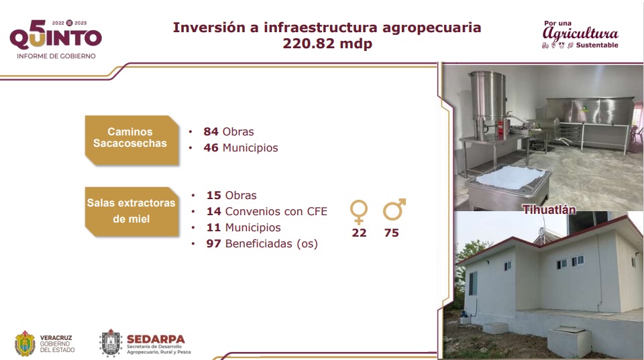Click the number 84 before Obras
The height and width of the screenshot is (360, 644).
(x=211, y=131)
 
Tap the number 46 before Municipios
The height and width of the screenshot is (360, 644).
(x=211, y=147)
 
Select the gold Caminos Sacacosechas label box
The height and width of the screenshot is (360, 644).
(x=132, y=140)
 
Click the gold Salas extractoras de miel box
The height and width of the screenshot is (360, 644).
(x=132, y=211)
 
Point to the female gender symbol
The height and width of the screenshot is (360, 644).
(x=358, y=212)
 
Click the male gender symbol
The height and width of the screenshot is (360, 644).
(x=394, y=209)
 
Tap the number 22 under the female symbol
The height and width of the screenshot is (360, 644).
(x=359, y=233)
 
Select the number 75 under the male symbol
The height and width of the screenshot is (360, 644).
(x=391, y=233)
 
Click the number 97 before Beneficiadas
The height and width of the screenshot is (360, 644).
(x=213, y=243)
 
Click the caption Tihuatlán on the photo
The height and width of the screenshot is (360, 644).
(x=549, y=210)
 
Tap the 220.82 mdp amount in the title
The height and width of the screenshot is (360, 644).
(x=327, y=44)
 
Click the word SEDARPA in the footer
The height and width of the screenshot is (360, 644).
(x=156, y=339)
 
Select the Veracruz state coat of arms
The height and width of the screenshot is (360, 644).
(x=25, y=343)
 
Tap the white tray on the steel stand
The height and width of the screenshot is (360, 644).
(x=509, y=178)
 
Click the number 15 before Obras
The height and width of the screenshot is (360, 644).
(x=213, y=195)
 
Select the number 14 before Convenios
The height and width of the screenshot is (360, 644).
(x=213, y=211)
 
